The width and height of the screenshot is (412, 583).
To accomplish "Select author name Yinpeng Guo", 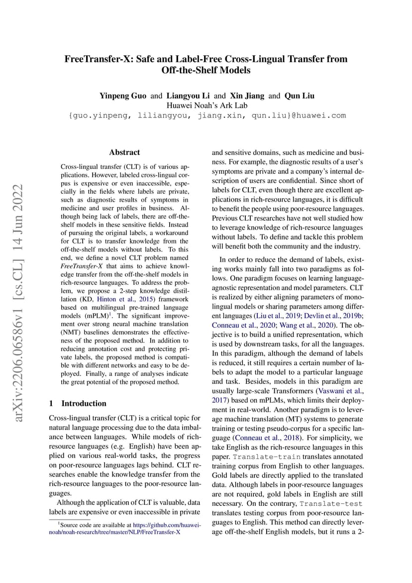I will (122, 96).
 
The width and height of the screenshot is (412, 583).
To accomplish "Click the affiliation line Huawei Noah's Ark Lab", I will (206, 105).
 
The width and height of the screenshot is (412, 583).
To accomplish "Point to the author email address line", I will (206, 116).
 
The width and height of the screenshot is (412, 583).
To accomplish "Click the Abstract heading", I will (124, 152).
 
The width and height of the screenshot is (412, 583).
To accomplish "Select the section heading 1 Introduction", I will (79, 403).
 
